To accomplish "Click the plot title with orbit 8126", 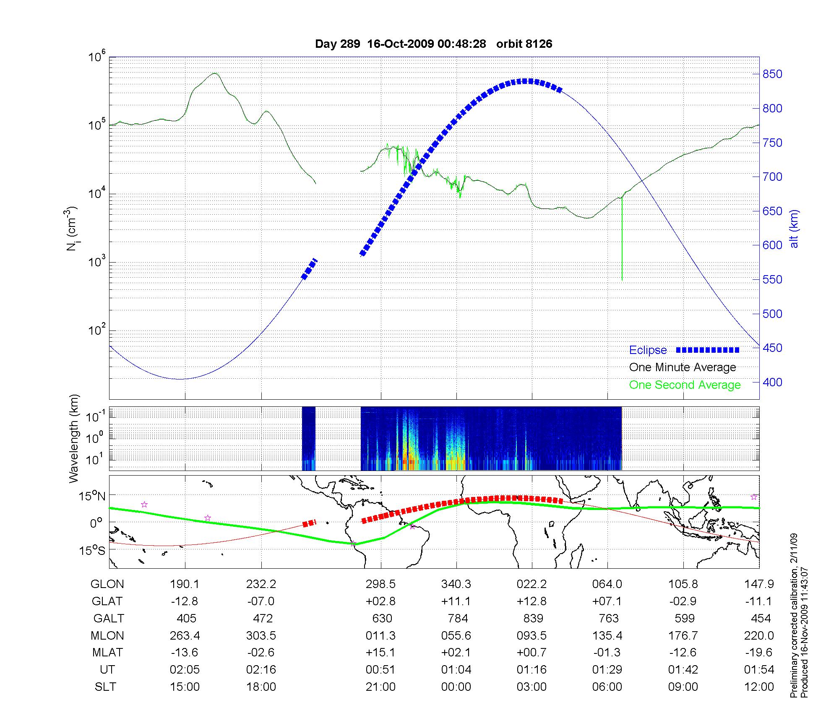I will pos(433,44).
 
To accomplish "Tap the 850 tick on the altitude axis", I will pos(772,74).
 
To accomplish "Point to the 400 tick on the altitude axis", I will pos(772,382).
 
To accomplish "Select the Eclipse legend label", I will pos(648,350).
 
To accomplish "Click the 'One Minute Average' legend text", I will pos(683,367).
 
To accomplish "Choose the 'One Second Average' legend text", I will pos(685,385).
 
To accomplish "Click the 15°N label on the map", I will pos(92,497).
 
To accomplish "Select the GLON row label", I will pos(107,584).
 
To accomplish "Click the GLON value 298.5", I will pos(380,584).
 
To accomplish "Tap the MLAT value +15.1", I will pos(380,653).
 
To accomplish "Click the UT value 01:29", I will pos(607,670).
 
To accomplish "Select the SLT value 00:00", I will pos(456,687).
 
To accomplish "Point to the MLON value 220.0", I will pos(759,636).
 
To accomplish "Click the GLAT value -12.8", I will pos(185,601).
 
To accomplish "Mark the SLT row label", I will pos(106,687).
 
